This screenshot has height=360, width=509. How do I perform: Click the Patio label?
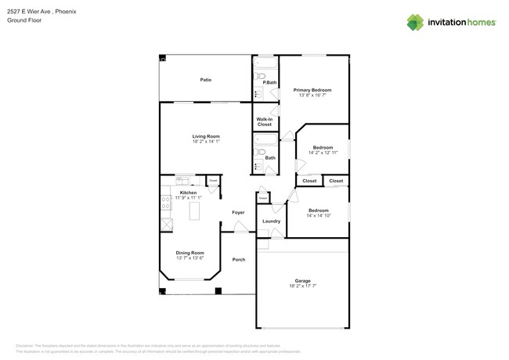pos(205,80)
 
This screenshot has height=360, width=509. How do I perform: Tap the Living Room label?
pos(206,136)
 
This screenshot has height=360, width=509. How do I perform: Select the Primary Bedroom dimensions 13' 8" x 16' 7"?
pos(312,95)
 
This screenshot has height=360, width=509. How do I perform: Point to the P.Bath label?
pos(269,82)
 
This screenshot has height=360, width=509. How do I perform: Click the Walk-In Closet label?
pos(265,121)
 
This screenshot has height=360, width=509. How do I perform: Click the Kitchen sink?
pos(182,181)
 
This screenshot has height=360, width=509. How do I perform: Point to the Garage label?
pos(302,281)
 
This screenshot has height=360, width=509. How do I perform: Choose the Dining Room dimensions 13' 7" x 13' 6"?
pos(190,257)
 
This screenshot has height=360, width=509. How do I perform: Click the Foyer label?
pos(238,212)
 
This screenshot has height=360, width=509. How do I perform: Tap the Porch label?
pos(238,259)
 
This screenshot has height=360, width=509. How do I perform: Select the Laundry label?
pos(272,221)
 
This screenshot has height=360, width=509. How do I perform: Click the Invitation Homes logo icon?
pos(415,22)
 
